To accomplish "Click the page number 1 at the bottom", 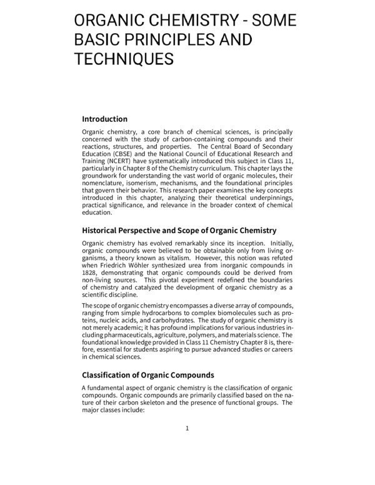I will click(x=187, y=428).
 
